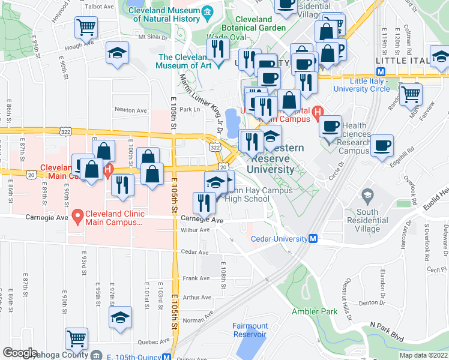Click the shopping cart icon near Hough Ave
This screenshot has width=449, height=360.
pos(86,27)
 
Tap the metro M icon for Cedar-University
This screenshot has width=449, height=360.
pos(313,239)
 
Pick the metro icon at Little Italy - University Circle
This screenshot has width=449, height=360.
pos(390,71)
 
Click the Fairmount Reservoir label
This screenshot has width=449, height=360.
pos(250,330)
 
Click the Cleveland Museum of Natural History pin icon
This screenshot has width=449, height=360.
pos(207,11)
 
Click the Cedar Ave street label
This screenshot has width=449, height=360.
pos(194,253)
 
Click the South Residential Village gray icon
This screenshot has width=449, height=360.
pos(367,195)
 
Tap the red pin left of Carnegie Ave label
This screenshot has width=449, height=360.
pos(77,214)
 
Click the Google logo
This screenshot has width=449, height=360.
pos(20,353)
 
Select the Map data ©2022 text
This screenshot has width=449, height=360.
pos(423,355)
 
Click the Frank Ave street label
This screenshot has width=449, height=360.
pos(197,278)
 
